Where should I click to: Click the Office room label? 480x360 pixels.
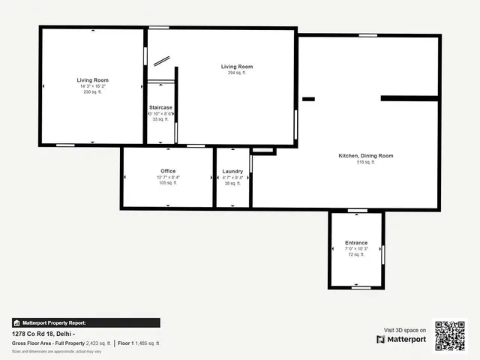(168, 171)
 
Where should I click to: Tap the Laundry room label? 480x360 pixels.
(232, 171)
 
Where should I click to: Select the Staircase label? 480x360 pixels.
(160, 107)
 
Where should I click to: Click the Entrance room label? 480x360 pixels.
(356, 242)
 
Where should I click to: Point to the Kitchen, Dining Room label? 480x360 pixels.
(365, 155)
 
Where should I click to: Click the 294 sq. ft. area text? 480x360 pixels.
(236, 73)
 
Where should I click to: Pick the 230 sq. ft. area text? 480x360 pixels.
(92, 91)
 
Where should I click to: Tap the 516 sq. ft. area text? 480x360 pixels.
(365, 161)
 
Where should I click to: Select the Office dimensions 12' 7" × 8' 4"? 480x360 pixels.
(168, 177)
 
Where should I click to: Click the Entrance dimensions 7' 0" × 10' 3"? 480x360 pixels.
(356, 248)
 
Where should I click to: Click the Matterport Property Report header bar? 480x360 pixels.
(85, 322)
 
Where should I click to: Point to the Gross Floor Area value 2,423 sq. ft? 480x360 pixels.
(98, 343)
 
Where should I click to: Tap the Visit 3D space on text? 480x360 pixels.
(405, 330)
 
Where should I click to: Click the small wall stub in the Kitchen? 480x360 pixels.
(308, 98)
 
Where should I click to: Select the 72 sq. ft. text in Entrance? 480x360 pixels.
(356, 254)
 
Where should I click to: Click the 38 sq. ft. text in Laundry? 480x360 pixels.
(232, 183)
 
